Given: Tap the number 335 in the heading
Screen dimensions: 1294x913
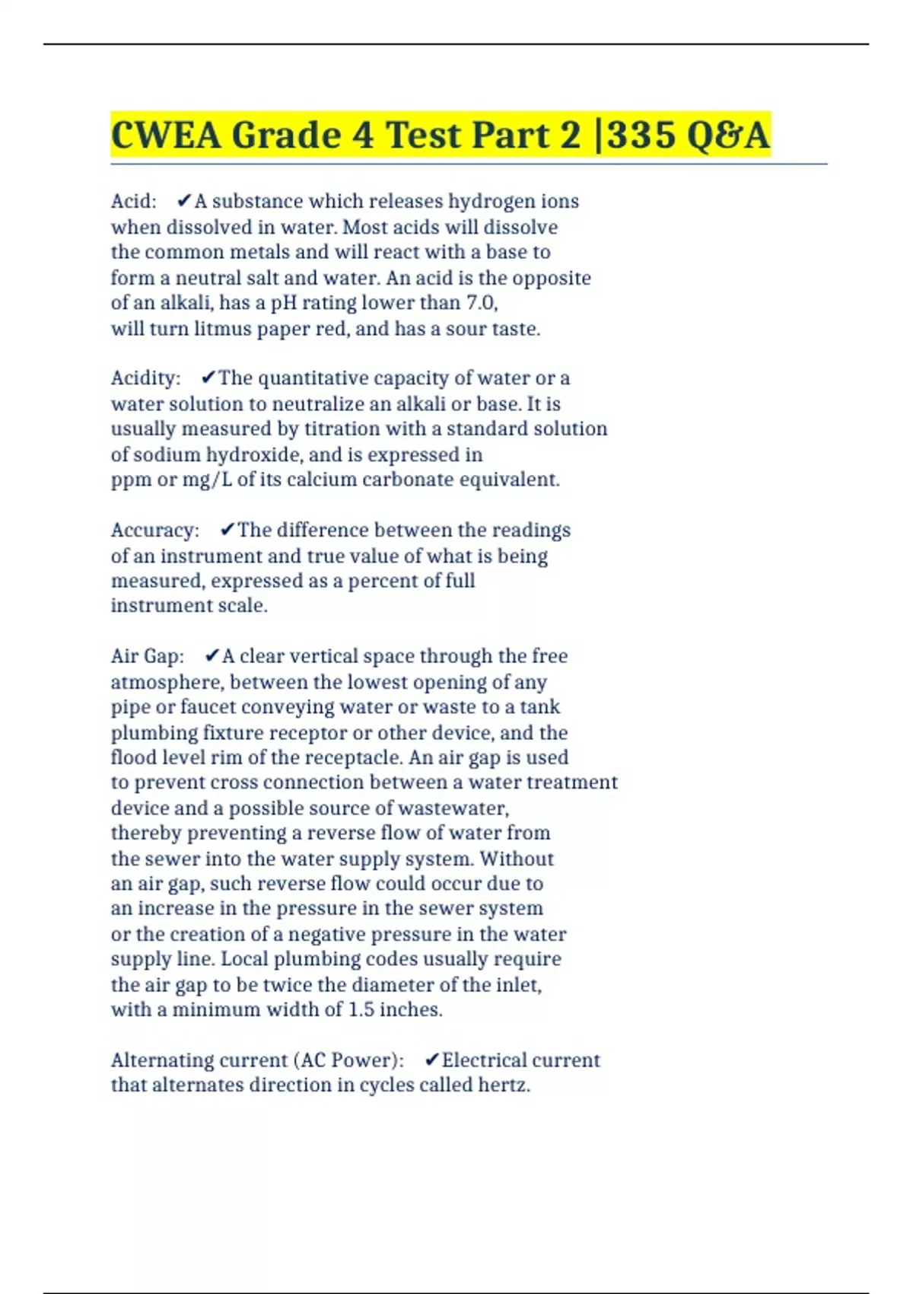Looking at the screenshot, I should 641,135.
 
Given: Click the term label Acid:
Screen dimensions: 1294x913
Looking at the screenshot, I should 134,201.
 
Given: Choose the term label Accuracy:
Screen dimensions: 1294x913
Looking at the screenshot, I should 155,530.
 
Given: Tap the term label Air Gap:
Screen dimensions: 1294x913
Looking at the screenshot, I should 148,656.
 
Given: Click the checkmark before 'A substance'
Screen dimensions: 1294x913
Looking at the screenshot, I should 183,201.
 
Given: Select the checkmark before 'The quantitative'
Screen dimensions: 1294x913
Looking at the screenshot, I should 208,378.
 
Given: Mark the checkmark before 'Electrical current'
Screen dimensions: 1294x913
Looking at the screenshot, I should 432,1060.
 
